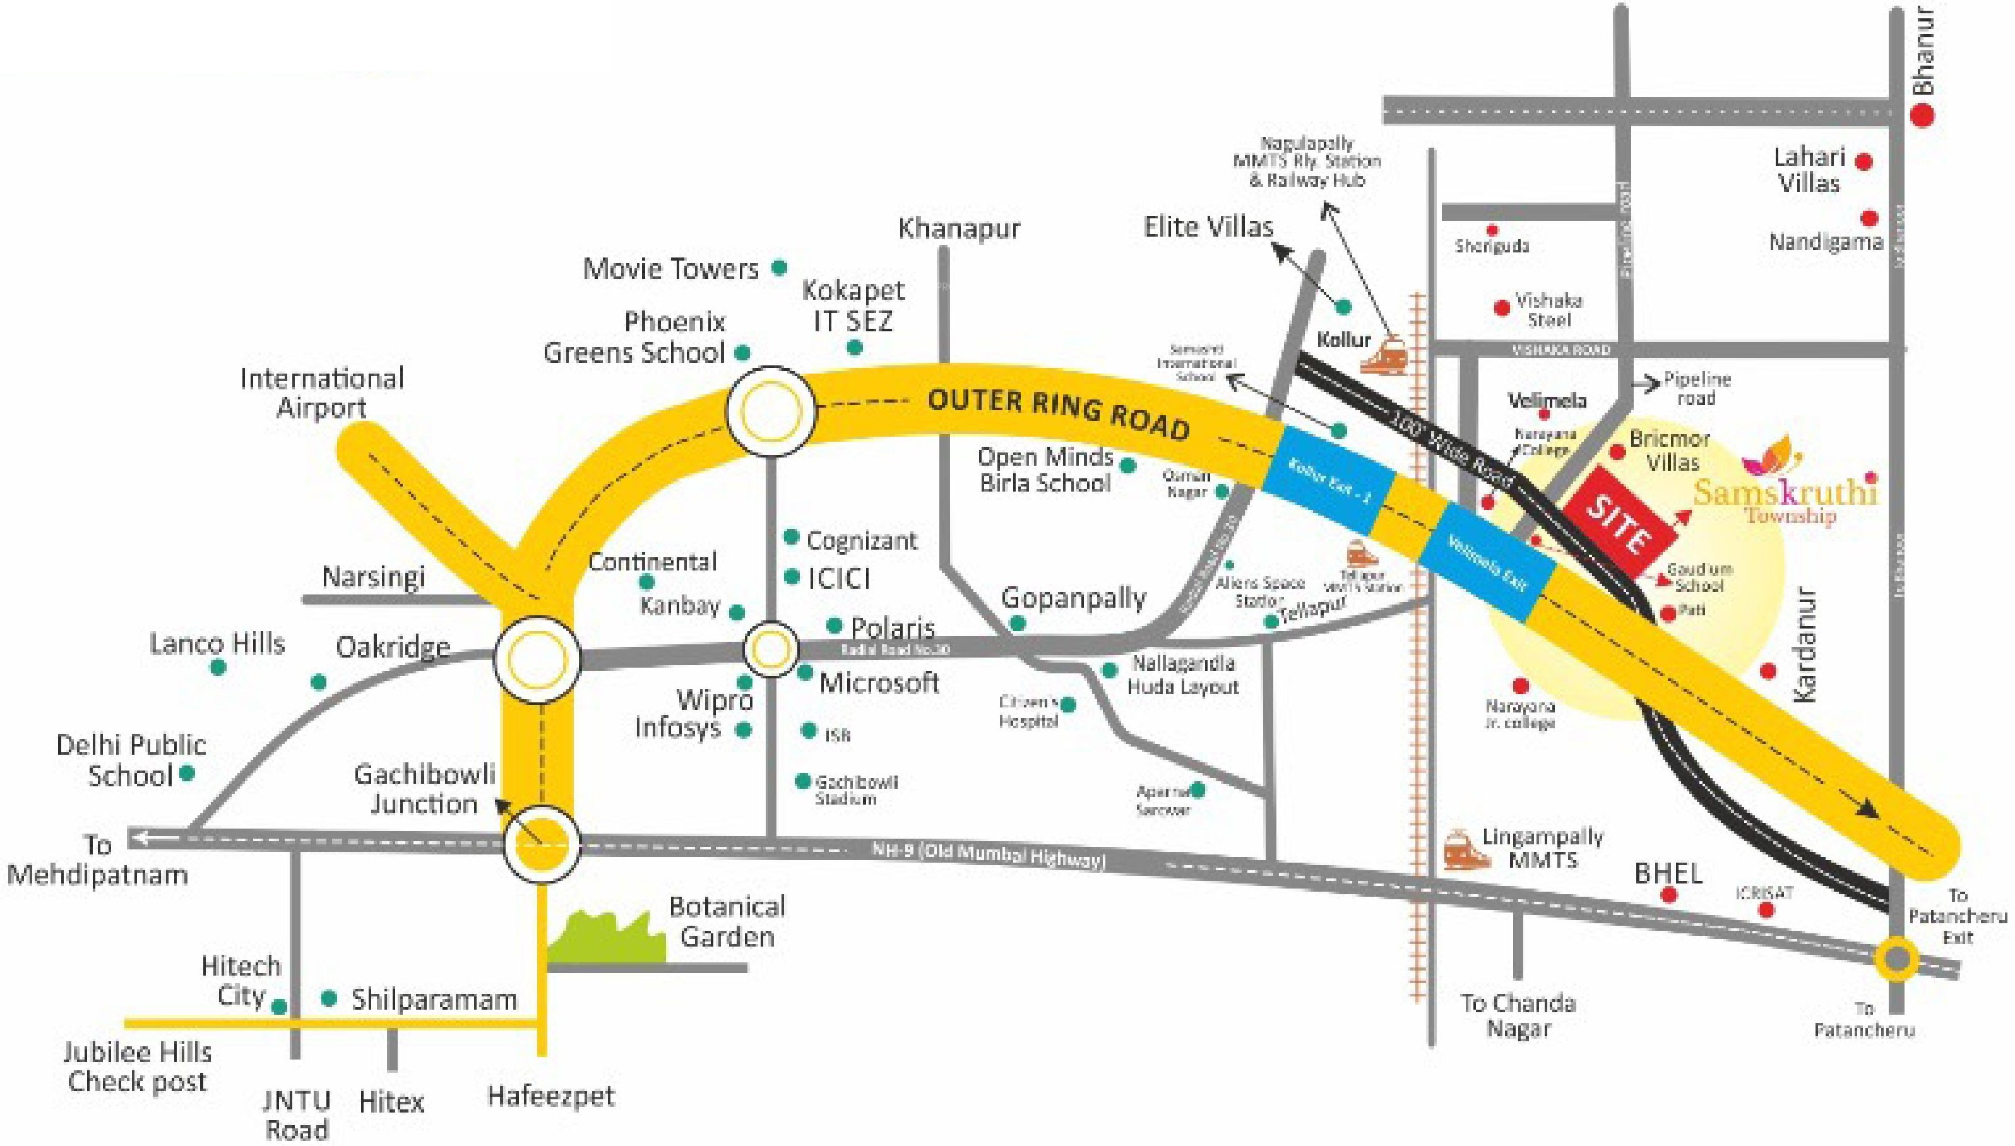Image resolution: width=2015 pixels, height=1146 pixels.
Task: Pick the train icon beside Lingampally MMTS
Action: point(1466,850)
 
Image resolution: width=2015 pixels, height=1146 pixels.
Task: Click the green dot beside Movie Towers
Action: point(779,268)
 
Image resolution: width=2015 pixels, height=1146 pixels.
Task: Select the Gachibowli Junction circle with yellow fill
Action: point(542,842)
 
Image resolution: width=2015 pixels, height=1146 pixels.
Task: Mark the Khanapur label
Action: point(959,229)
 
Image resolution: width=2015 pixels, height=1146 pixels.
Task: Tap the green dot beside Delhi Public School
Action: point(187,773)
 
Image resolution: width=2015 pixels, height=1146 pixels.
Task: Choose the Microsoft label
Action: point(879,682)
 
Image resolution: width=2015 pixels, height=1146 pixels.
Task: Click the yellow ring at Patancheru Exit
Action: point(1897,959)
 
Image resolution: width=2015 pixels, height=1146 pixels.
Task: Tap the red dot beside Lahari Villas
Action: point(1863,162)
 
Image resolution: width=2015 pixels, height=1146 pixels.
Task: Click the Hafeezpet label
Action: point(551,1096)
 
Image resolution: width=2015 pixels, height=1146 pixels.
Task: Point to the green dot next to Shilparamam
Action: point(330,999)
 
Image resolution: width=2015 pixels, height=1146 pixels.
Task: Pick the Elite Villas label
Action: point(1208,227)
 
